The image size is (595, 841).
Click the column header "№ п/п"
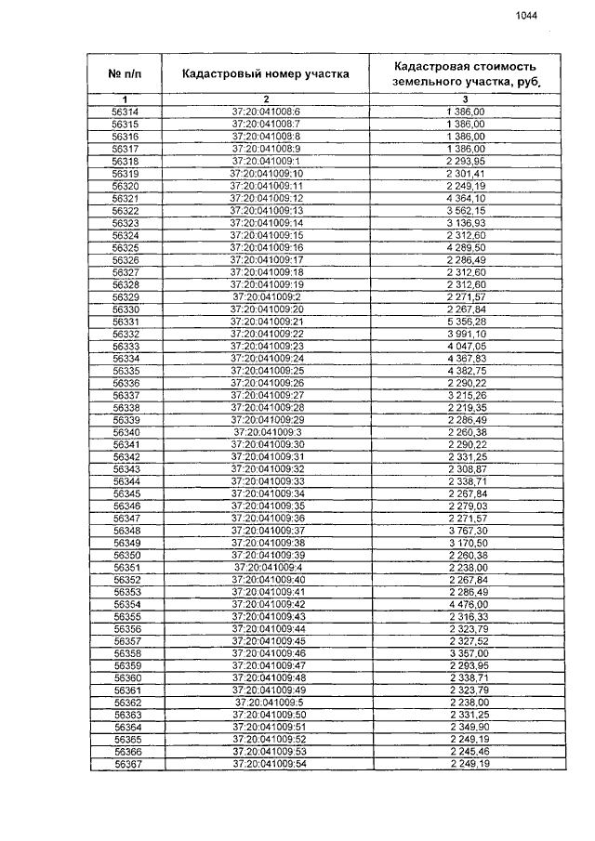[125, 73]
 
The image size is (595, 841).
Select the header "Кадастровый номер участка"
[266, 73]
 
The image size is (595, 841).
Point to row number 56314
[125, 112]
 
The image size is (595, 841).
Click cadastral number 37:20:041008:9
[267, 149]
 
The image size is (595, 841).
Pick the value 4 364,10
[466, 198]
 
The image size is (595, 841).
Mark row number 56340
[126, 432]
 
